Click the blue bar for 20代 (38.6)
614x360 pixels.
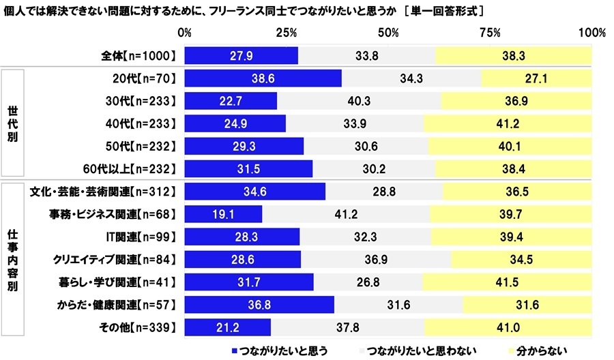263,78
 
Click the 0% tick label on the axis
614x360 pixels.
184,33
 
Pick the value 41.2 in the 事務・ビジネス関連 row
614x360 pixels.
346,216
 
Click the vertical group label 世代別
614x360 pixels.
13,123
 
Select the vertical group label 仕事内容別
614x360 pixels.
13,260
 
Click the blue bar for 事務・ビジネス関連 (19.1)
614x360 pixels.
223,216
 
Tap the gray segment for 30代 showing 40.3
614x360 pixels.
359,101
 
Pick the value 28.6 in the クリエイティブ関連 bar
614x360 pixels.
242,260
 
